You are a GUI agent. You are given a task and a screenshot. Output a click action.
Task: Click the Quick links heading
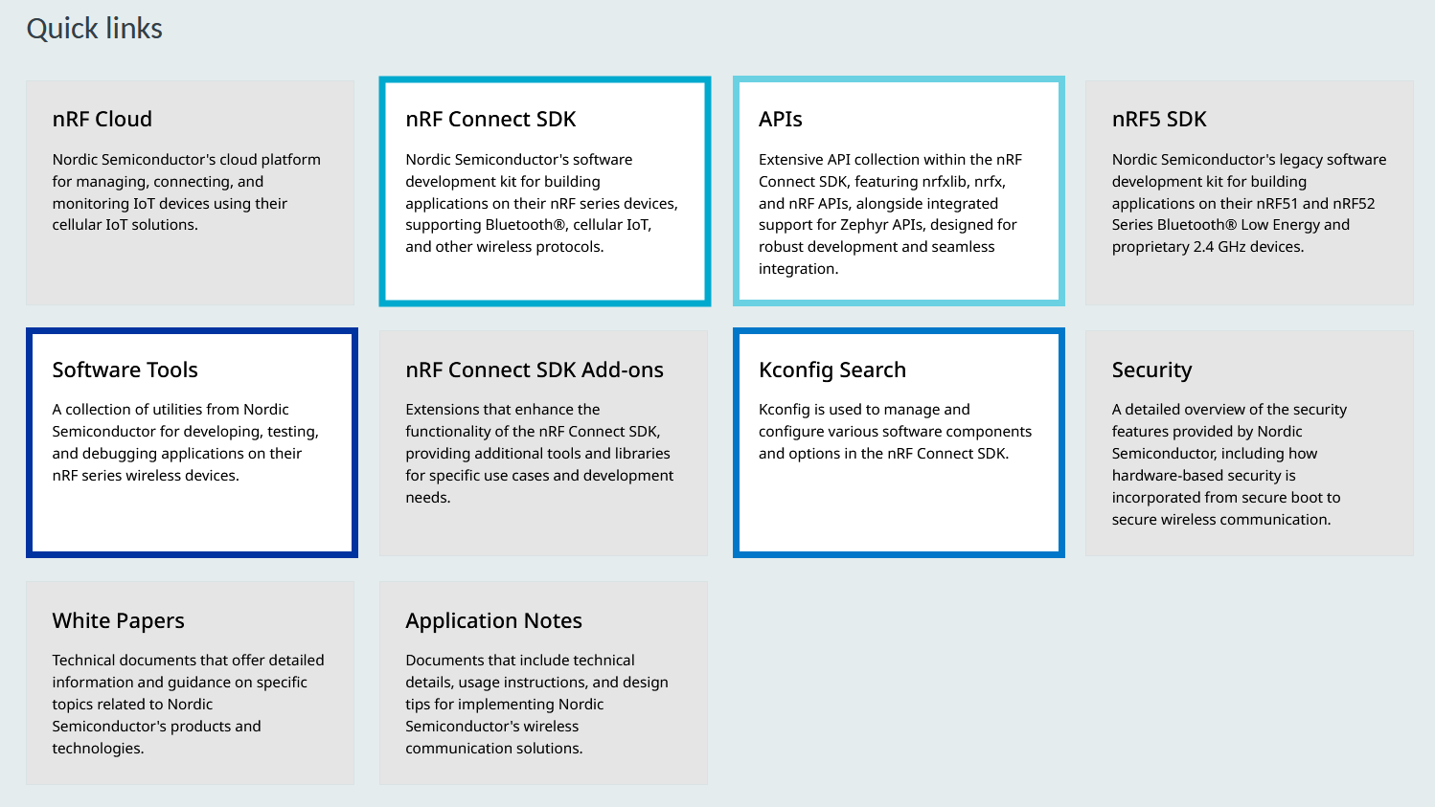tap(94, 29)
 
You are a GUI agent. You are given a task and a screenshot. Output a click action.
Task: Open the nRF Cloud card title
tap(102, 119)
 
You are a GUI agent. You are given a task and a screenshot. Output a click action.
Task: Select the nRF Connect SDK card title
tap(490, 119)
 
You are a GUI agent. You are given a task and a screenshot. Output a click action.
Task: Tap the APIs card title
tap(781, 119)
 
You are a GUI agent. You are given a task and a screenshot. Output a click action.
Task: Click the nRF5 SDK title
tap(1159, 119)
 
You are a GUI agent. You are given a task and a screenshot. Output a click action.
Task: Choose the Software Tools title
tap(125, 370)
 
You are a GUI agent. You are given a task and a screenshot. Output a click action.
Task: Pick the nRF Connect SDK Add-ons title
tap(535, 370)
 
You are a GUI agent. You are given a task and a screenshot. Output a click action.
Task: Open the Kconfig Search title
tap(832, 370)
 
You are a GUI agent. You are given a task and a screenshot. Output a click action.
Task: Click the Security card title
tap(1151, 370)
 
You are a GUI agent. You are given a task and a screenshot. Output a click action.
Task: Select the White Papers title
tap(118, 620)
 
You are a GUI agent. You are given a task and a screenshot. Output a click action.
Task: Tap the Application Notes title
tap(493, 620)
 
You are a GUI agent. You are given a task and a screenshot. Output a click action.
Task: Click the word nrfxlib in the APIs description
tap(945, 182)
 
